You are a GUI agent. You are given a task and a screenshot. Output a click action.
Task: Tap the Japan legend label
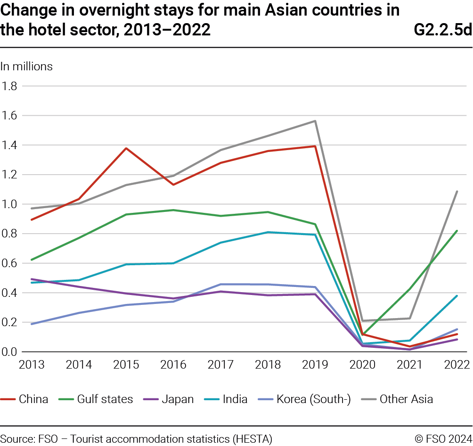pyautogui.click(x=178, y=399)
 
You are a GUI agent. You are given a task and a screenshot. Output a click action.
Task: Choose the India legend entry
pyautogui.click(x=235, y=399)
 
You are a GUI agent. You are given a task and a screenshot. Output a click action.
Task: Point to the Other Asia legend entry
pyautogui.click(x=406, y=399)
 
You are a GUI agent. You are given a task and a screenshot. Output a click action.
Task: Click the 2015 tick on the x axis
pyautogui.click(x=126, y=365)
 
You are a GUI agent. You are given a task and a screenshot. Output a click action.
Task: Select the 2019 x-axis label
pyautogui.click(x=315, y=365)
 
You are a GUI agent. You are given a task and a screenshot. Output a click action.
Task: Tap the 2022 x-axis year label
pyautogui.click(x=457, y=365)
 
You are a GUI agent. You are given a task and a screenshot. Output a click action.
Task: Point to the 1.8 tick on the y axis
pyautogui.click(x=10, y=86)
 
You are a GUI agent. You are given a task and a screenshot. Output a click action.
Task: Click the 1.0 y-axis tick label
pyautogui.click(x=10, y=204)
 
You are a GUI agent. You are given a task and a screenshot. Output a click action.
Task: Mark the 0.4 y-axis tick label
pyautogui.click(x=10, y=293)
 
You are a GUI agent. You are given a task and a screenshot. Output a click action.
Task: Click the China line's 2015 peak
pyautogui.click(x=126, y=148)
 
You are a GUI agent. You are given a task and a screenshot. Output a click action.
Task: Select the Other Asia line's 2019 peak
pyautogui.click(x=315, y=121)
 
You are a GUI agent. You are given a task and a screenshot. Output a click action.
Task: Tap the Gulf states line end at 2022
pyautogui.click(x=457, y=231)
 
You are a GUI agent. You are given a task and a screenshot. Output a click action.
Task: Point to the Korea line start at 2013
pyautogui.click(x=32, y=324)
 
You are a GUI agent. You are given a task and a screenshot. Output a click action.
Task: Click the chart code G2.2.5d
pyautogui.click(x=442, y=30)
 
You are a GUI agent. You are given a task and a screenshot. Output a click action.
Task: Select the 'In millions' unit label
pyautogui.click(x=26, y=67)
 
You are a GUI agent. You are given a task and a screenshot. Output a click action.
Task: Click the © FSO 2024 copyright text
pyautogui.click(x=443, y=438)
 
